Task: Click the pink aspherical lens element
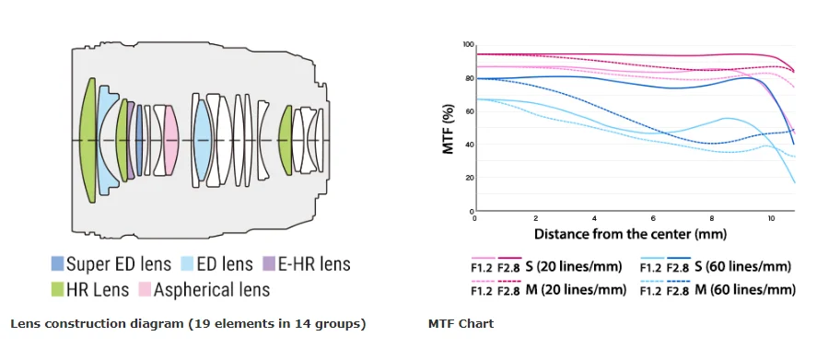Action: [x=171, y=140]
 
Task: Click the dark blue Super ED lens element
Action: [x=139, y=140]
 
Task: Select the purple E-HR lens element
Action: [x=131, y=140]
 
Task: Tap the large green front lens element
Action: [x=89, y=140]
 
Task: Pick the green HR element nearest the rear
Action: [x=285, y=140]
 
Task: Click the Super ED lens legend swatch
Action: [x=57, y=263]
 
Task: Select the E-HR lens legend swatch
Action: [x=269, y=263]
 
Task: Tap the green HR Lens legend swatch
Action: [x=57, y=289]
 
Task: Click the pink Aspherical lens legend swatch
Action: [x=145, y=289]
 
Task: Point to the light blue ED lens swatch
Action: [x=187, y=263]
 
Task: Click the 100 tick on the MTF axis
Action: [x=467, y=45]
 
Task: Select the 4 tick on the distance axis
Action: [x=593, y=218]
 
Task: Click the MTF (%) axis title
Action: [x=449, y=129]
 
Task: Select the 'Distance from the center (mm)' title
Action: [x=630, y=233]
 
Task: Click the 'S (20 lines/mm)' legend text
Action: [x=574, y=267]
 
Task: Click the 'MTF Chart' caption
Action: [x=461, y=324]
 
